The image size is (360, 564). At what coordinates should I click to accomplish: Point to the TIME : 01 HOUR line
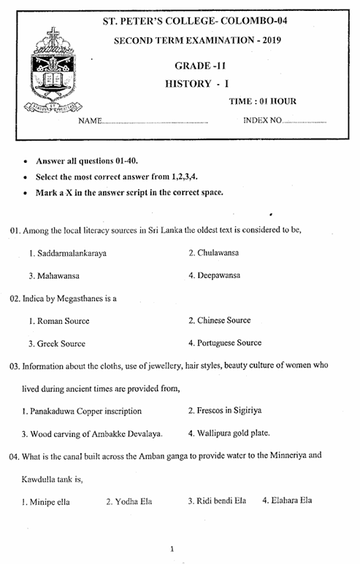point(262,101)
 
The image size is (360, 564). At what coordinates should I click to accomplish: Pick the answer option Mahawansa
point(58,276)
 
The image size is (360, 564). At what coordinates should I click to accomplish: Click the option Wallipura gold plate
point(233,433)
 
